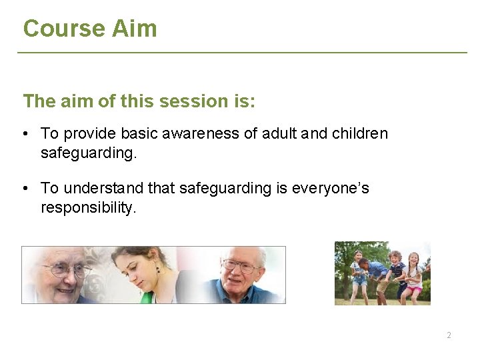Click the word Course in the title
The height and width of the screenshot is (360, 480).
tap(55, 29)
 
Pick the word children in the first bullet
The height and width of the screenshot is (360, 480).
tap(359, 134)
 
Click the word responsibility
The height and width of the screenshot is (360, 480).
tap(88, 207)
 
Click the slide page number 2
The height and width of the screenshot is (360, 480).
tap(449, 335)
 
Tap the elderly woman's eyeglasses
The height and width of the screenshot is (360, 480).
tap(65, 270)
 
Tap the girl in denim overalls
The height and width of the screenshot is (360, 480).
tap(359, 273)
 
